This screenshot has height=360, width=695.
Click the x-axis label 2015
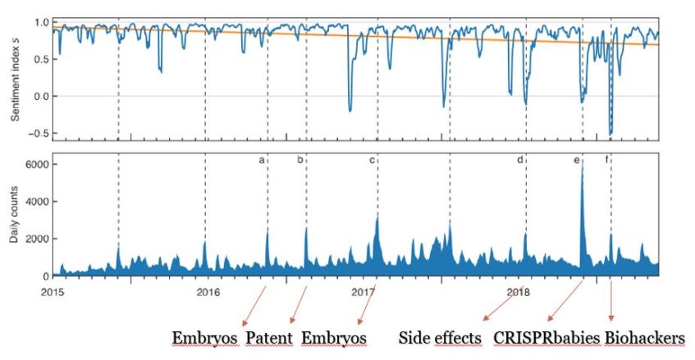(53, 291)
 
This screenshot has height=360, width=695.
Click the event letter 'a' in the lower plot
(262, 161)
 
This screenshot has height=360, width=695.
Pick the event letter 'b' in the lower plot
(299, 161)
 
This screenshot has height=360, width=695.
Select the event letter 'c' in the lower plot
(371, 161)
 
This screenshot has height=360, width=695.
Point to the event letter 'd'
(519, 161)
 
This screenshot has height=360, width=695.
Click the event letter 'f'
(607, 161)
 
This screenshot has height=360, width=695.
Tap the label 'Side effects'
(440, 338)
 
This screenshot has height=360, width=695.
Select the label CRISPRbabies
(546, 338)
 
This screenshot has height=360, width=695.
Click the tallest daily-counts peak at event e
(582, 169)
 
